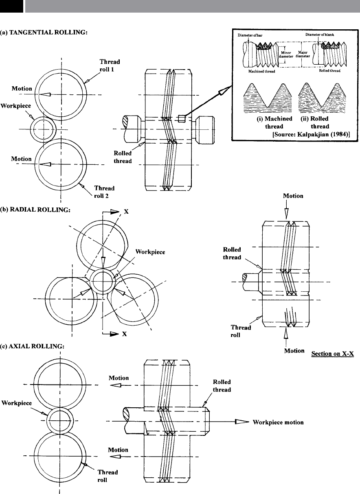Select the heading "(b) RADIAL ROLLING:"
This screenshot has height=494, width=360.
[36, 210]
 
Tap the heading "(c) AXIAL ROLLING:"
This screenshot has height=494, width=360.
[34, 346]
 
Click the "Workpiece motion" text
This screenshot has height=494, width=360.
[278, 422]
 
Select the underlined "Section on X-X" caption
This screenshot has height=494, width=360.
[332, 354]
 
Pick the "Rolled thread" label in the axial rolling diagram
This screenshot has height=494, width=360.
[222, 386]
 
